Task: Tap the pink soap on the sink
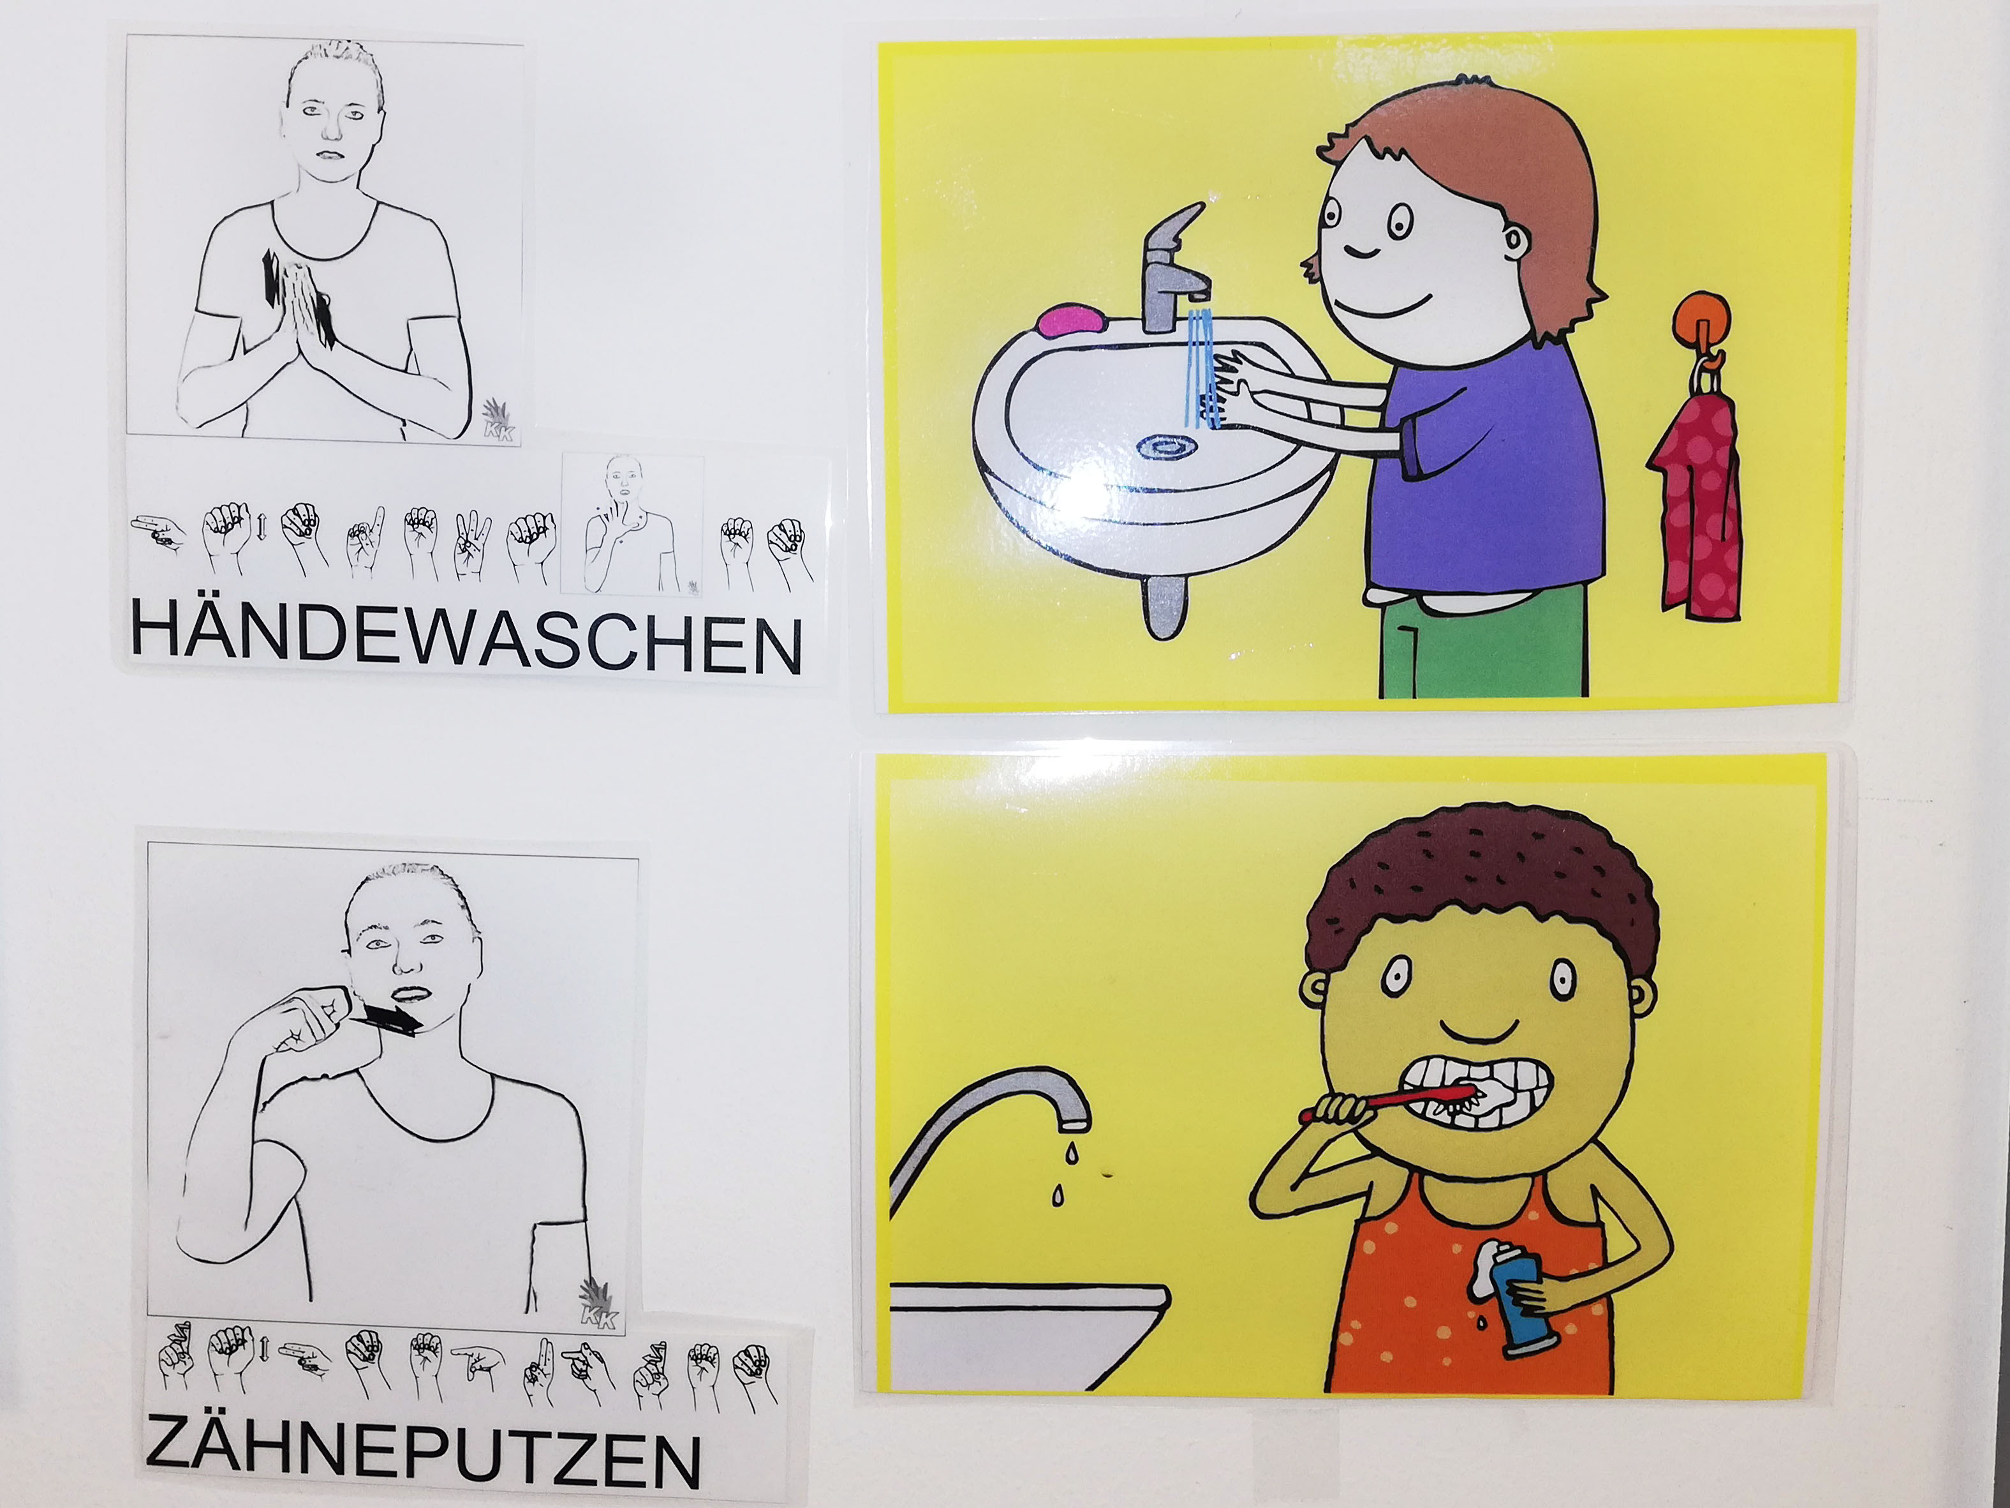pyautogui.click(x=1072, y=320)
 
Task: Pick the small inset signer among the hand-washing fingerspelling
pyautogui.click(x=632, y=525)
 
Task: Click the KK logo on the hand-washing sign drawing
pyautogui.click(x=498, y=422)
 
